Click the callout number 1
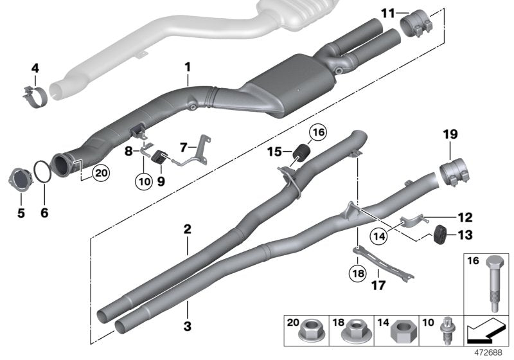click(188, 66)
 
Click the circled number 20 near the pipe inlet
click(100, 172)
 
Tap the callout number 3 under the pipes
click(188, 327)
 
